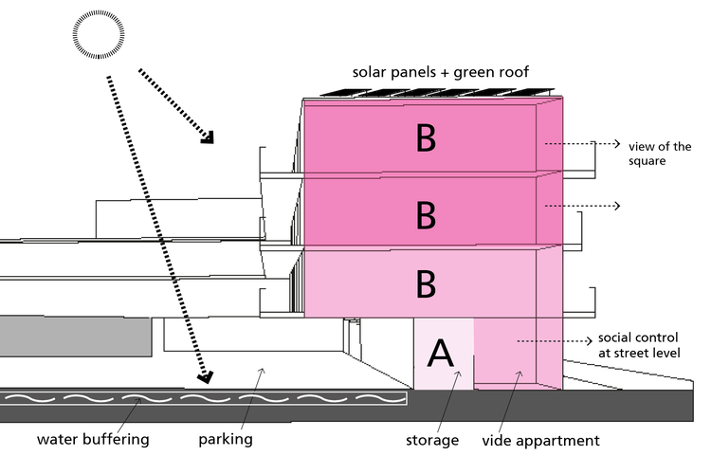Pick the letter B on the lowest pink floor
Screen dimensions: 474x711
click(x=426, y=283)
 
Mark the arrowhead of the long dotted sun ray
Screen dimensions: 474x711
click(x=203, y=378)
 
